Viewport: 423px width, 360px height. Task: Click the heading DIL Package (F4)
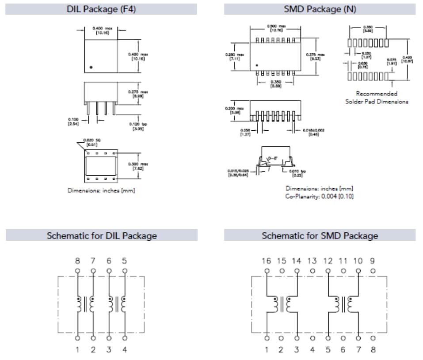coord(101,9)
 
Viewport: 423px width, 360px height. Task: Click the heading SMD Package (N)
coord(320,9)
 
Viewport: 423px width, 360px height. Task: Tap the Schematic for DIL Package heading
coord(102,235)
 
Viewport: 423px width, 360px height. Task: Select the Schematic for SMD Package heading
coord(320,235)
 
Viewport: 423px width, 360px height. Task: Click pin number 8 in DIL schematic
coord(77,261)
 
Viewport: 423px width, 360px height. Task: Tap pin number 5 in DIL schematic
coord(124,261)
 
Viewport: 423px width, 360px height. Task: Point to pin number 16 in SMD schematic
coord(266,261)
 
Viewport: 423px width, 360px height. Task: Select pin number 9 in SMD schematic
coord(373,261)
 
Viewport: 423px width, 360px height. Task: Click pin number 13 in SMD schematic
coord(312,261)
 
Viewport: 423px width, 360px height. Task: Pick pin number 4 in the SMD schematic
coord(312,350)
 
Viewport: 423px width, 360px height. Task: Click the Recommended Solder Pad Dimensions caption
coord(377,97)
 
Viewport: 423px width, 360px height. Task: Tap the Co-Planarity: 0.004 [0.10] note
coord(320,196)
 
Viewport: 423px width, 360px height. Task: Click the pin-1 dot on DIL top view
coord(91,67)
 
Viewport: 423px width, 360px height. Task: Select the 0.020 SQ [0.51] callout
coord(92,142)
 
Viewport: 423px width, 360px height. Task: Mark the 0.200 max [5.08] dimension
coord(234,110)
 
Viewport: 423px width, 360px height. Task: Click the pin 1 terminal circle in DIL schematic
coord(77,338)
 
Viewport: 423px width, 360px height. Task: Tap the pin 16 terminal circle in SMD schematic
coord(266,270)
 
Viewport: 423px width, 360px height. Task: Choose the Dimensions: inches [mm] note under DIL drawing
coord(101,190)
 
